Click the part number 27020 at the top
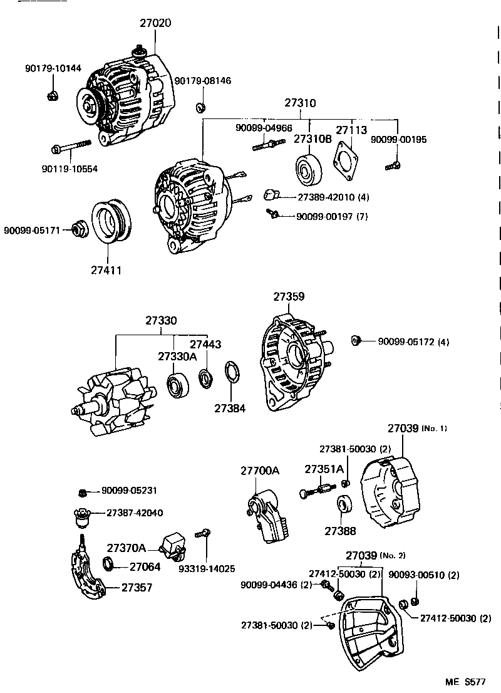(x=155, y=23)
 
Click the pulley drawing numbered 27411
(x=110, y=221)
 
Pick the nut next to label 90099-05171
(x=80, y=230)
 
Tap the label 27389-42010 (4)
(x=333, y=197)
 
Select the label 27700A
(x=260, y=470)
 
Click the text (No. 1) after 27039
(x=435, y=429)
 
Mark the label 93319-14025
(x=207, y=569)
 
